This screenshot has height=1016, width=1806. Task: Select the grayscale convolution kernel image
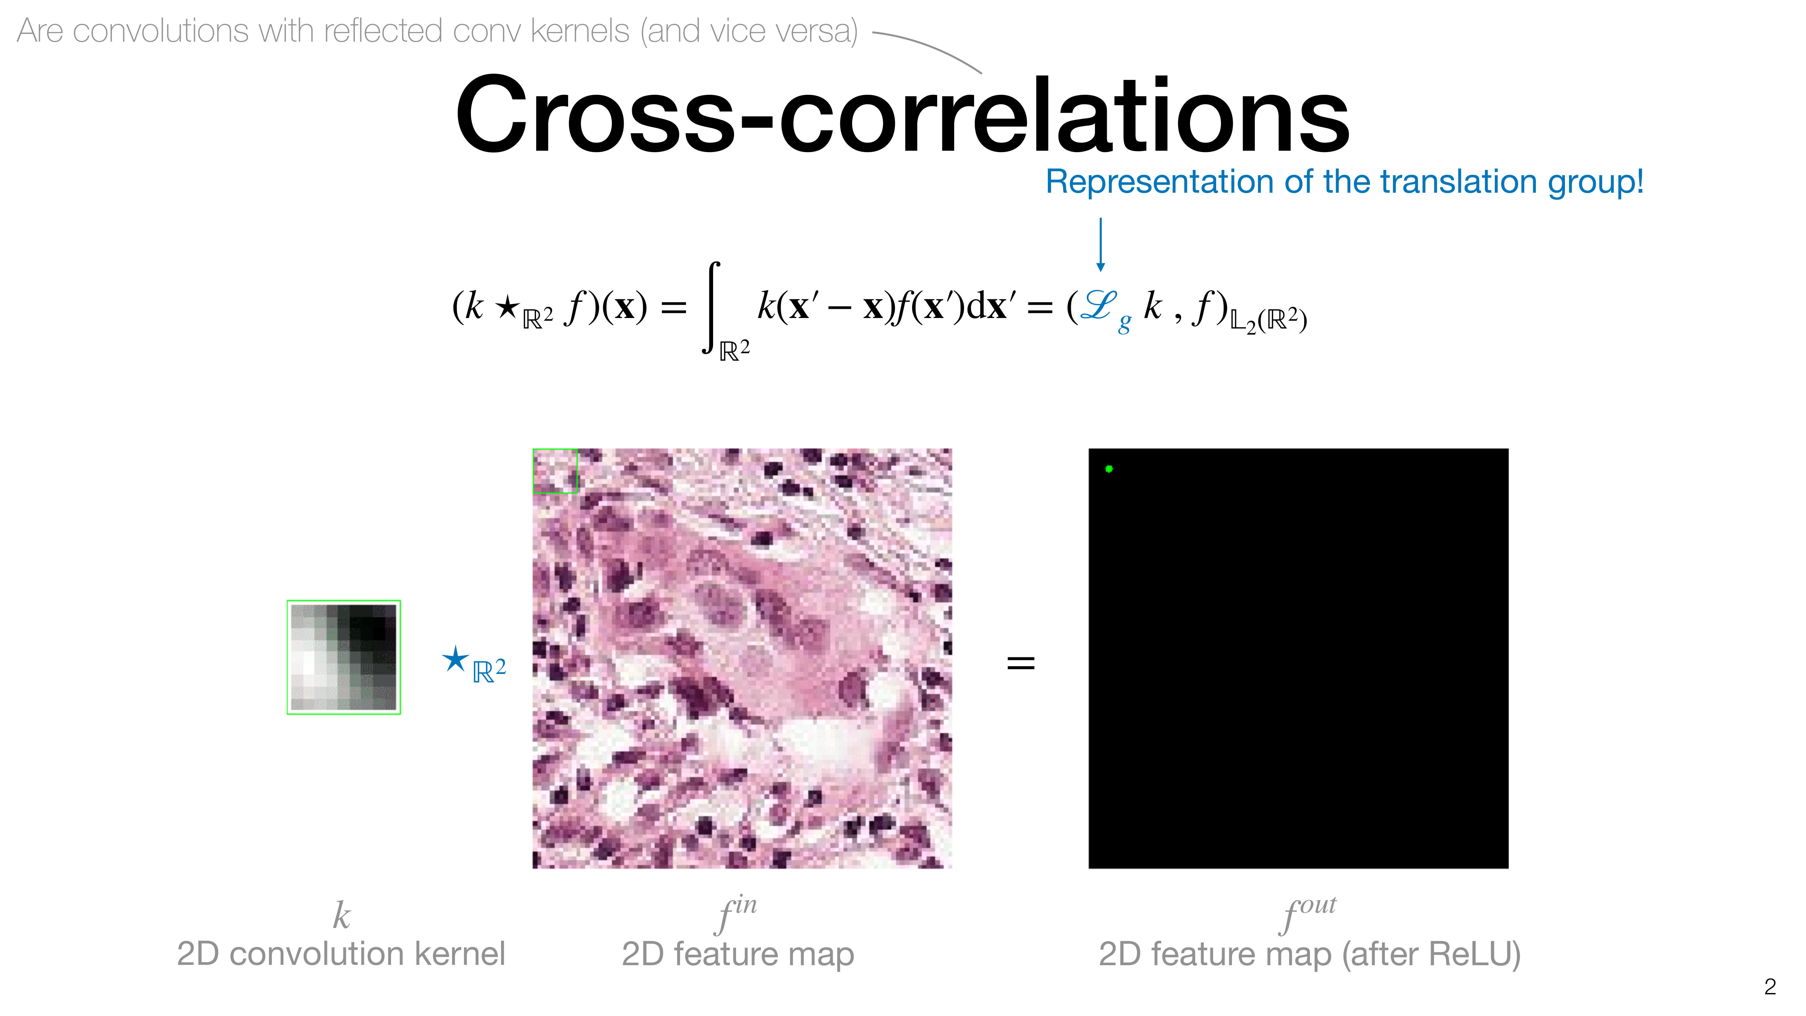(x=344, y=657)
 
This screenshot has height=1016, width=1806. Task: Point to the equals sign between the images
(x=1021, y=662)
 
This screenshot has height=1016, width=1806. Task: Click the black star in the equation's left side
(x=506, y=306)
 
